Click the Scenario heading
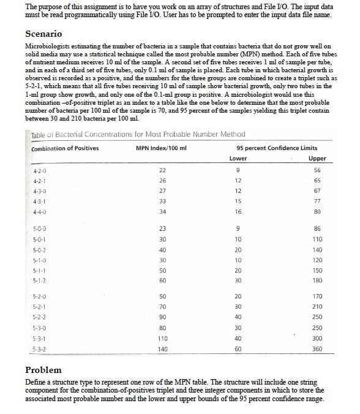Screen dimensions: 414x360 [x=43, y=34]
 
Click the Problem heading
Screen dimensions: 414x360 [x=43, y=371]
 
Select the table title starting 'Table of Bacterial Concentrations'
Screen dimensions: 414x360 [x=138, y=134]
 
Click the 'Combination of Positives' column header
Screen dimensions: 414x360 [x=65, y=149]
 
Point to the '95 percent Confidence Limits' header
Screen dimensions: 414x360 [x=277, y=149]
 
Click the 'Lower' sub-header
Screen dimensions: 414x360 [x=238, y=158]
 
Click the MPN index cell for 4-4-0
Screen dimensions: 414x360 [x=162, y=212]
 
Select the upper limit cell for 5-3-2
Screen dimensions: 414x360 [x=317, y=348]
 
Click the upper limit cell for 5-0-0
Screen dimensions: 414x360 [x=317, y=228]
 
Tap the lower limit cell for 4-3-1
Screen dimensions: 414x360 [x=238, y=201]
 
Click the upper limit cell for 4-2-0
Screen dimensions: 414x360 [x=317, y=171]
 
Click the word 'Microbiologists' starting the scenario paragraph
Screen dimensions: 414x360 [x=47, y=47]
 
